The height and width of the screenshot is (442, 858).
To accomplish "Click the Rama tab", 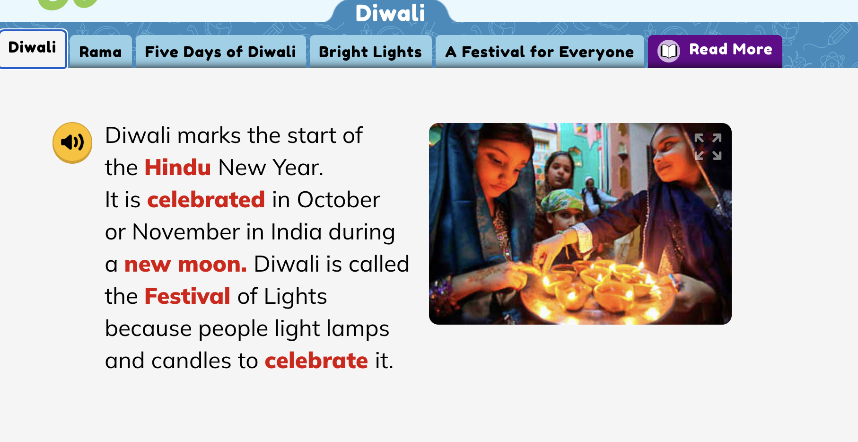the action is (100, 52).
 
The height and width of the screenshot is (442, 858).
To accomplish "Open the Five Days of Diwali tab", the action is (220, 52).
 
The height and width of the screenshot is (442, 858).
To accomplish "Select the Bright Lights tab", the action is (370, 52).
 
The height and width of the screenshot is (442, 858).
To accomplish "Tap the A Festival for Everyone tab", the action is (539, 52).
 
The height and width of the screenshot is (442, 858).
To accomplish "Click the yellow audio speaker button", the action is (72, 142).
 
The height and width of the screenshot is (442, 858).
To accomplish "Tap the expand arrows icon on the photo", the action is (708, 147).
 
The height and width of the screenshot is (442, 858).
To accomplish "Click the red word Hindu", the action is (177, 168).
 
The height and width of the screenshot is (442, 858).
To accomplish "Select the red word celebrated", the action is (206, 200).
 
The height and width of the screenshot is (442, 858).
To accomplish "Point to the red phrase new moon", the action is (185, 265).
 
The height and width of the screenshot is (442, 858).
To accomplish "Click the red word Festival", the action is (187, 296).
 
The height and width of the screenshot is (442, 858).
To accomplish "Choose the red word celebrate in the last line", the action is (316, 361).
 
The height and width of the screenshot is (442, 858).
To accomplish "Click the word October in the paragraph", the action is (339, 200).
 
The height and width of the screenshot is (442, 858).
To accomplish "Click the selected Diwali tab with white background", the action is (33, 48).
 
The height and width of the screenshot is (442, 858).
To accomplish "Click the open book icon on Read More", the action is (669, 51).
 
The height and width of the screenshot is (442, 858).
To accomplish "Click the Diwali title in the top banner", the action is (390, 13).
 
